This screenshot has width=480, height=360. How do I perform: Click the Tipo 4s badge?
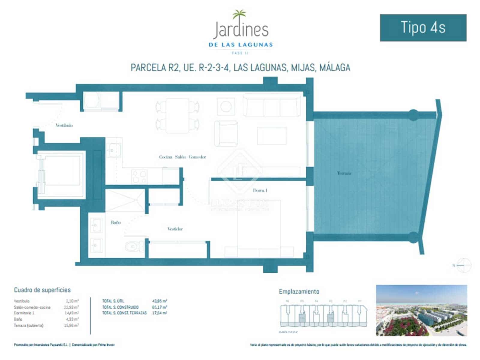(423, 28)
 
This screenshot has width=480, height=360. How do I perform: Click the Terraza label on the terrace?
(344, 173)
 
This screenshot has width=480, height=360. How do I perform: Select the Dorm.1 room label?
(260, 190)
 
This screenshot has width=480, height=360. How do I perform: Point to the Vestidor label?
(175, 229)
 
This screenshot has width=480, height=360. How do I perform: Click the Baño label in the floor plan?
(116, 222)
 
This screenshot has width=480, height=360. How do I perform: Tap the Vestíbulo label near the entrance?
(64, 125)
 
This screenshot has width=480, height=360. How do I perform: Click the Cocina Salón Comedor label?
(182, 157)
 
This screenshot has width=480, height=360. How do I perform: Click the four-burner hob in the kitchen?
(139, 176)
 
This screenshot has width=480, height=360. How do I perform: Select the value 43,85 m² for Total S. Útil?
(160, 301)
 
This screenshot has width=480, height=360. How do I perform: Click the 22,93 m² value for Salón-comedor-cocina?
(72, 307)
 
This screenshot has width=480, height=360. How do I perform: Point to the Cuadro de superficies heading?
(42, 290)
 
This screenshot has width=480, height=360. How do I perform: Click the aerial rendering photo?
(421, 310)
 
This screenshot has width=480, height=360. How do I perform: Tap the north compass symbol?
(464, 265)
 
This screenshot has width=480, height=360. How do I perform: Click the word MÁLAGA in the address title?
(335, 67)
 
